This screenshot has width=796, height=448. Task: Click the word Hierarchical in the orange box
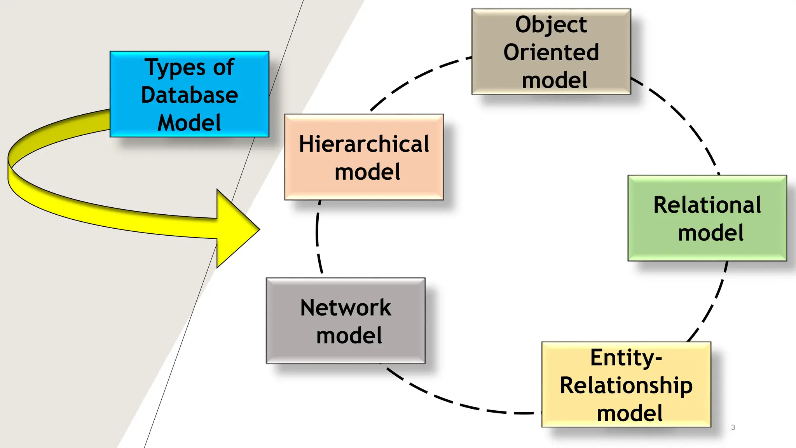[364, 144]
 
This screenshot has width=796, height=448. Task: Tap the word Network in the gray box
[346, 308]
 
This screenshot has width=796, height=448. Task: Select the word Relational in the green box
[707, 205]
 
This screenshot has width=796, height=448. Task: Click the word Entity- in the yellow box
[626, 358]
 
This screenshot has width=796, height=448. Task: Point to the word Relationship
[626, 386]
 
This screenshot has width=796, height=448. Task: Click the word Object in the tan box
[551, 24]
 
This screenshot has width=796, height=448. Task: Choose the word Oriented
[551, 52]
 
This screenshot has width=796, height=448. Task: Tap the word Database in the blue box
[189, 95]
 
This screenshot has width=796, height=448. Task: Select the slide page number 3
[733, 427]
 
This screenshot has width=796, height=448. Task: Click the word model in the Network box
[349, 336]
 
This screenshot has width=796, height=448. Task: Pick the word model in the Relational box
[710, 233]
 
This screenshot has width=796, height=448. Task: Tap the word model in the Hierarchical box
[367, 172]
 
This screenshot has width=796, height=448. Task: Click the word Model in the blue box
[189, 123]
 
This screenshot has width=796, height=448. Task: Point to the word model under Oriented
[555, 80]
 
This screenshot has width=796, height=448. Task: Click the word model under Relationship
[630, 413]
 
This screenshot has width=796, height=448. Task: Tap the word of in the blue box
[223, 67]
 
